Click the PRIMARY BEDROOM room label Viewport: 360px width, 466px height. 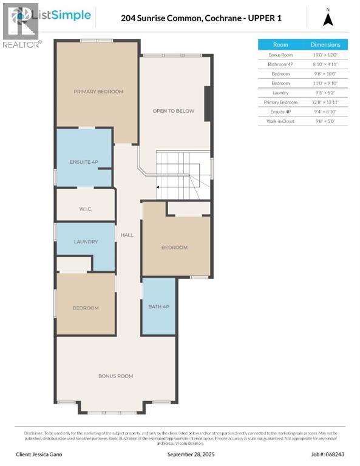(98, 92)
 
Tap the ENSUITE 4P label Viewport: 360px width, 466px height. (84, 162)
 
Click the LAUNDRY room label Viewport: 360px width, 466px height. (86, 241)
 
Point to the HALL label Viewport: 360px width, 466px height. (127, 235)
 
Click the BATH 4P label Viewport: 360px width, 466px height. (158, 306)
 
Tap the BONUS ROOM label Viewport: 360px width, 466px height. (115, 376)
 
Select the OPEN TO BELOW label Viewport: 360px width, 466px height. (173, 111)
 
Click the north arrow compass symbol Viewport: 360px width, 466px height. (328, 19)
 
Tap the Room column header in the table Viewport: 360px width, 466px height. (280, 44)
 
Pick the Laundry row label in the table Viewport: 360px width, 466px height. (280, 92)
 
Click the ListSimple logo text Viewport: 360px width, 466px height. (64, 15)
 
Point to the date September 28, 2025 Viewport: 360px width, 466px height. (190, 454)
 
